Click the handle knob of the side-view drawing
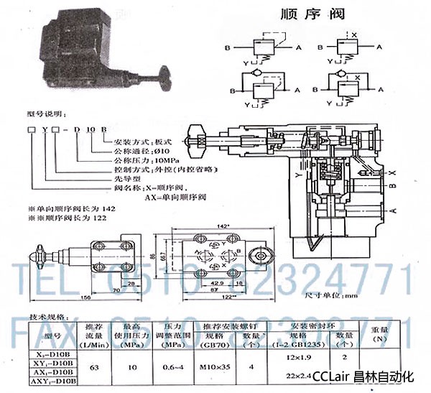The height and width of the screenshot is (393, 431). coord(37,253)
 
